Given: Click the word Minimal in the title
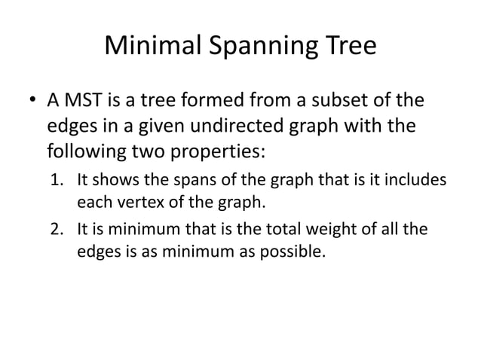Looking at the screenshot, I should point(152,47).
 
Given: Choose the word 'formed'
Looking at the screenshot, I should point(219,102).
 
